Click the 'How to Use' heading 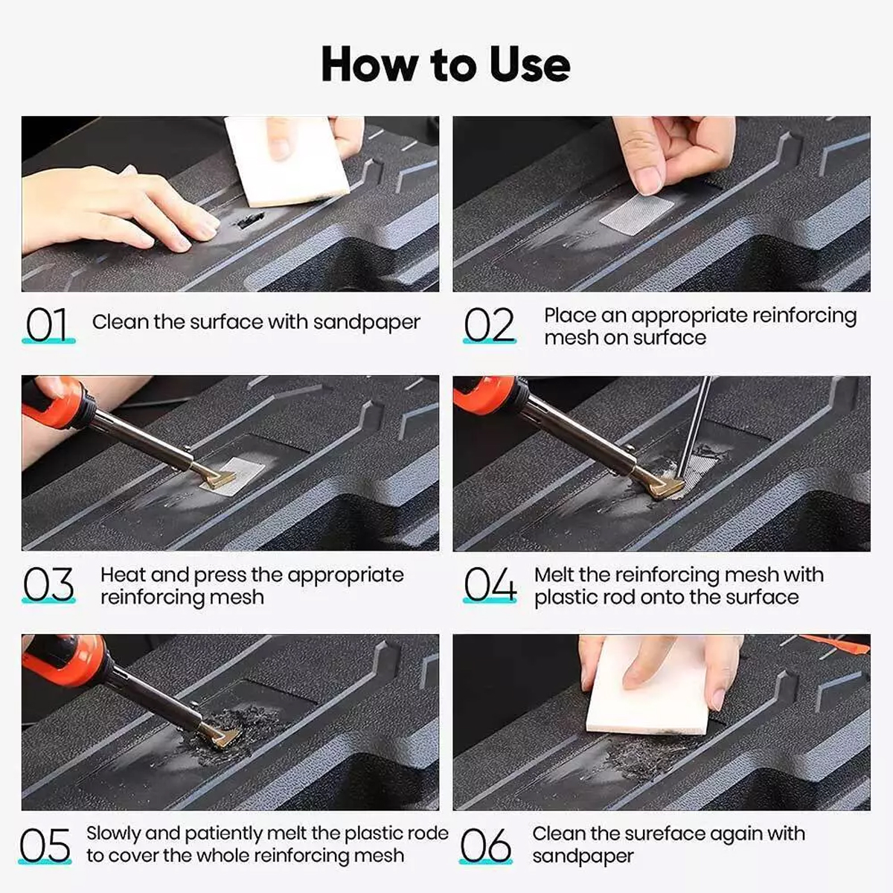446,64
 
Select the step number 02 490,325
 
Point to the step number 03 48,584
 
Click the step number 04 490,584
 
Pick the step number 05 45,845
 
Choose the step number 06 486,845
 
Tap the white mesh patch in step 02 637,214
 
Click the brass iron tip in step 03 218,478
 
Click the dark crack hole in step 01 249,220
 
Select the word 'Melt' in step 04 554,574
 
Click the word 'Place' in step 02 570,316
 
